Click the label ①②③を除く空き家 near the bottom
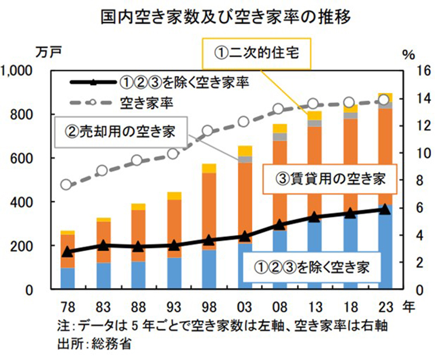[x=312, y=268]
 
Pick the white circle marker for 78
[x=67, y=185]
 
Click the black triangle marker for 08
[x=280, y=225]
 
